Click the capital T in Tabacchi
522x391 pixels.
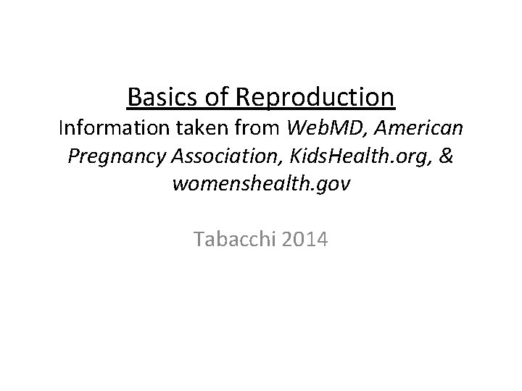(199, 238)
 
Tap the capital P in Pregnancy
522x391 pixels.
(72, 157)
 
